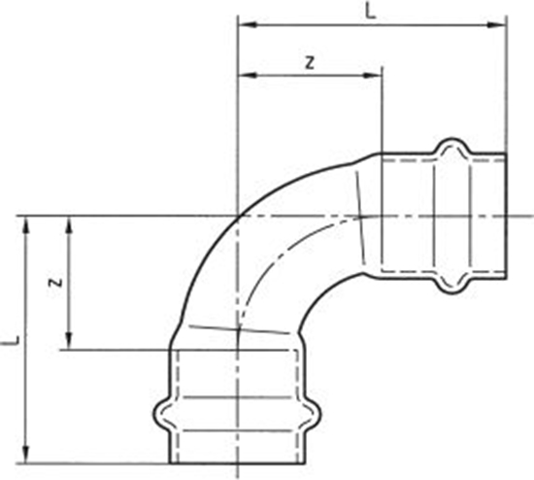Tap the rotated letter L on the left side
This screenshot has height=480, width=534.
[x=11, y=341]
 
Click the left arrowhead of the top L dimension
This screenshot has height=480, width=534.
[x=244, y=25]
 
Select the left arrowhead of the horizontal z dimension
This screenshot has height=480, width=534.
[x=244, y=74]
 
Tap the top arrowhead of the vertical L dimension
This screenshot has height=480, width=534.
[x=27, y=223]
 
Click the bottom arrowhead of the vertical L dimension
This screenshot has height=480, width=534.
[x=27, y=457]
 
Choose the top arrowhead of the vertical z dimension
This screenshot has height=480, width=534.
[x=68, y=223]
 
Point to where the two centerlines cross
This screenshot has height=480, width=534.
[x=238, y=215]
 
